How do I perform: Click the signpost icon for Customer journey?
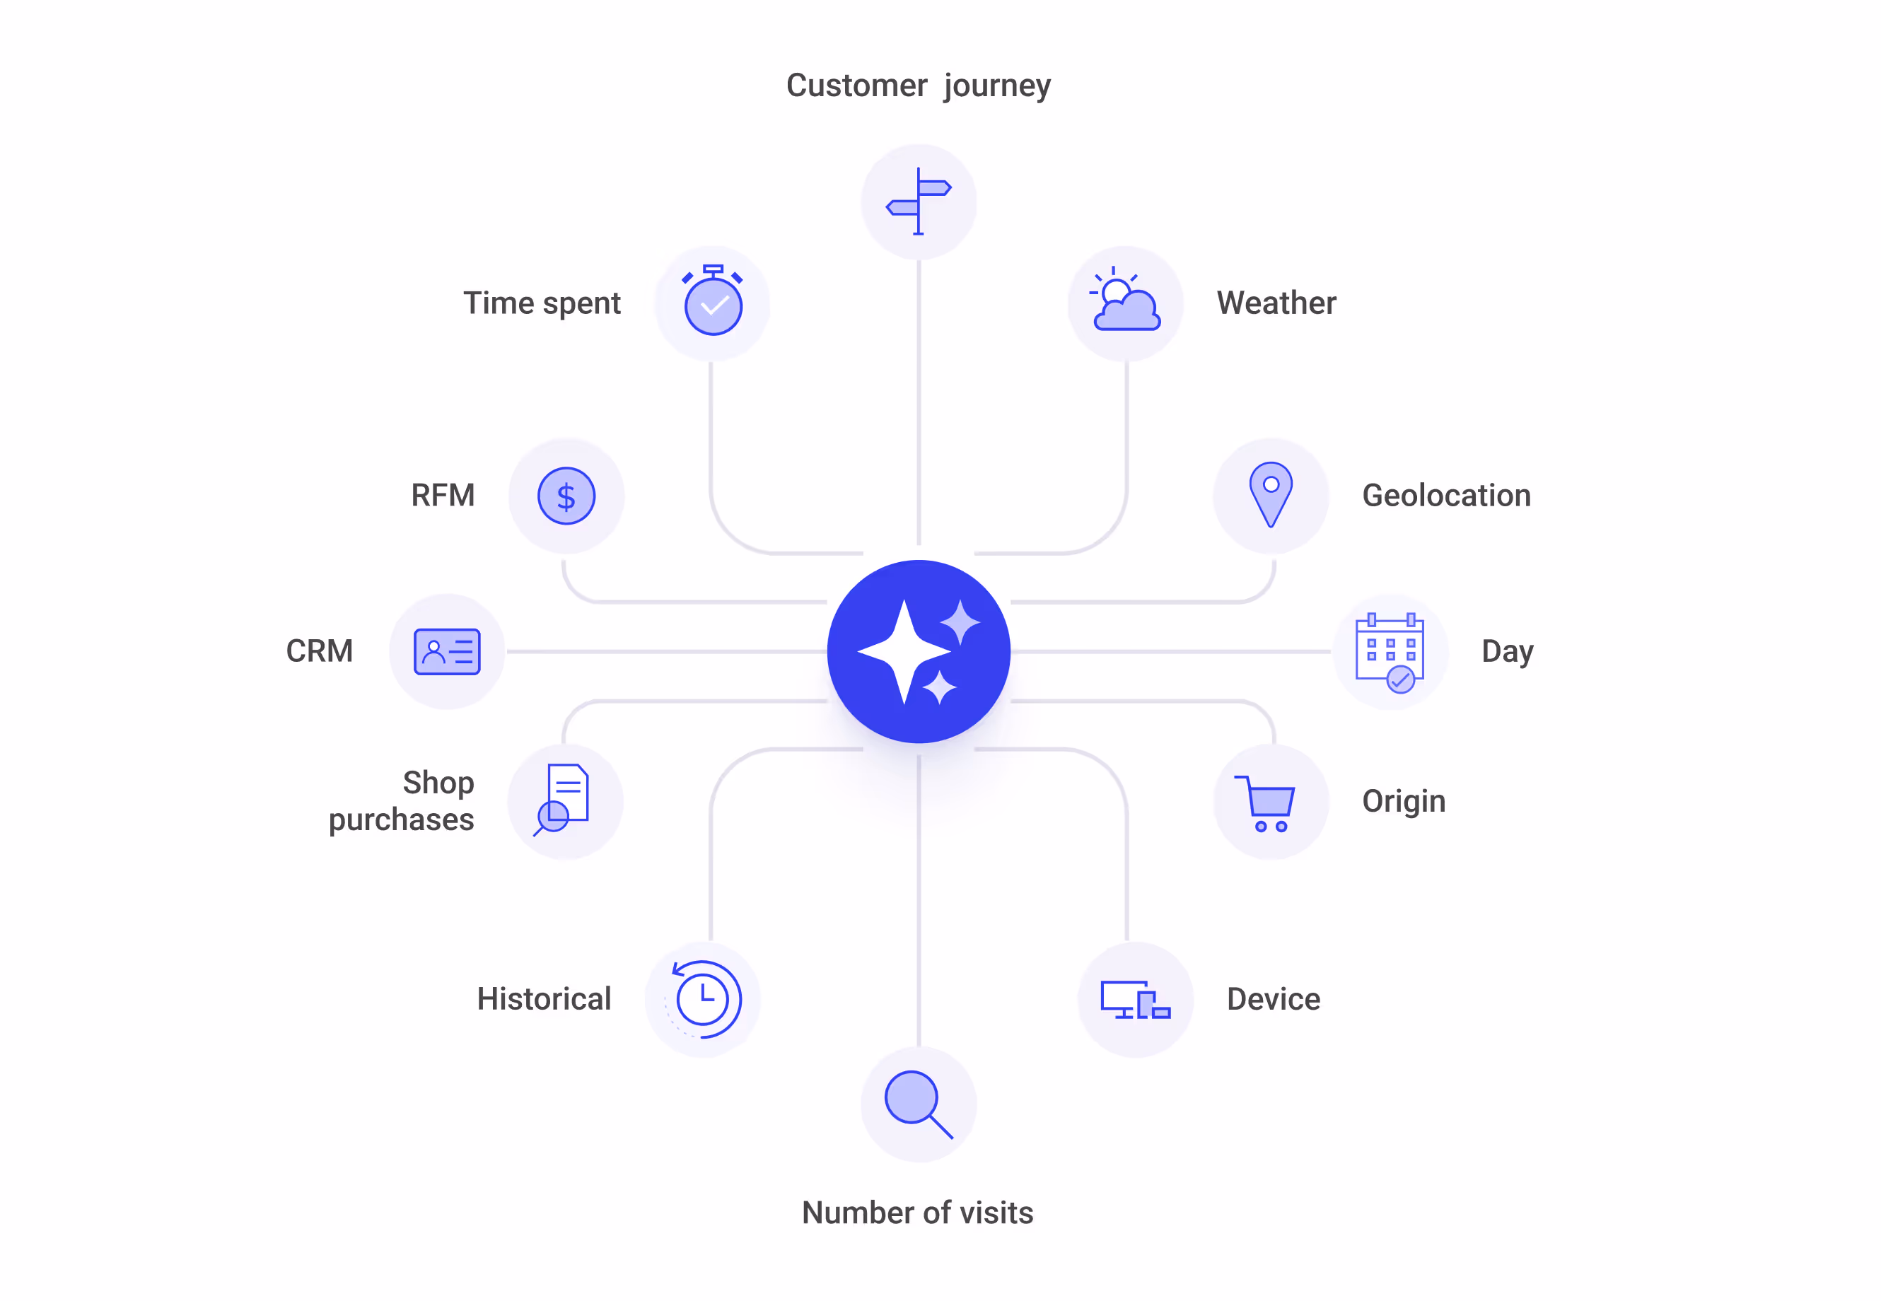point(918,202)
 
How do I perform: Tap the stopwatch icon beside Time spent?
point(713,302)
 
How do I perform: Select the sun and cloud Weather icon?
point(1125,302)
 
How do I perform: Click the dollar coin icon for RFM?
point(566,496)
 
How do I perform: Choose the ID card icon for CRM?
point(447,651)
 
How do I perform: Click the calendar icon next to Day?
point(1390,652)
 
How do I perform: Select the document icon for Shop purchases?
point(564,799)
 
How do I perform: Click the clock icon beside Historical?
point(703,998)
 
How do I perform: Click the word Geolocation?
point(1445,496)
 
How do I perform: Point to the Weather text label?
point(1276,303)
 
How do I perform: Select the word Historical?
point(544,999)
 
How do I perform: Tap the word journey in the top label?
point(996,86)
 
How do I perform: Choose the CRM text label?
point(319,651)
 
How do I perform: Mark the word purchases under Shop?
point(401,820)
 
